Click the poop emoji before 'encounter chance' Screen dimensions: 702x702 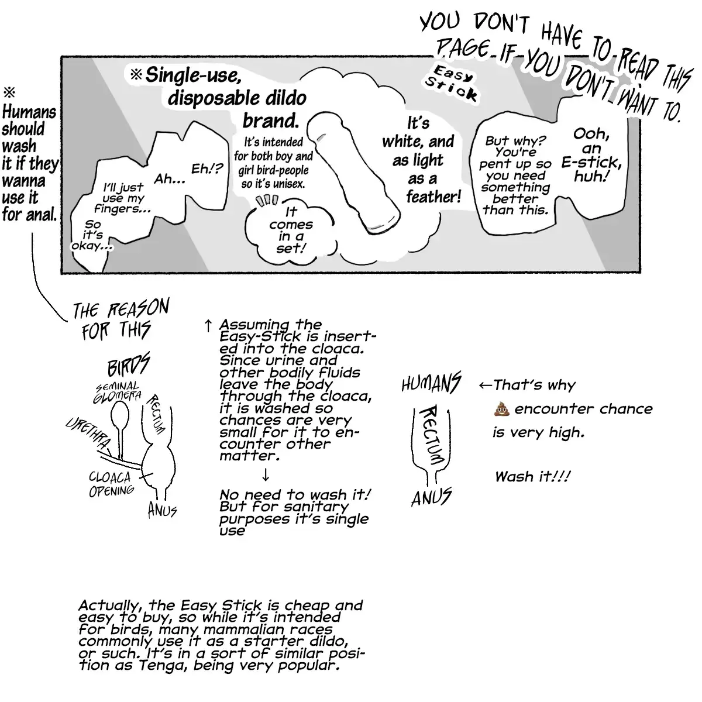point(503,409)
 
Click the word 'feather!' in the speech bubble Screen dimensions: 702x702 point(433,197)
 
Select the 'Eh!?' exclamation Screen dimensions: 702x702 point(208,169)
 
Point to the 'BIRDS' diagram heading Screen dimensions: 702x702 point(129,366)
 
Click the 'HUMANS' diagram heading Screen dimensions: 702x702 point(431,384)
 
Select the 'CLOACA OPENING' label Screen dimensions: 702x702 point(111,484)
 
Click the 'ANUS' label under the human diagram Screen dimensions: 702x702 point(432,498)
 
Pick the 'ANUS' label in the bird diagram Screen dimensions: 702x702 point(162,510)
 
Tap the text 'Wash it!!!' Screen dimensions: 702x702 point(532,476)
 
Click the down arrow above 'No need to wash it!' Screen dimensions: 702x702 point(266,474)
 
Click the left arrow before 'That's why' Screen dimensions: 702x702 point(485,386)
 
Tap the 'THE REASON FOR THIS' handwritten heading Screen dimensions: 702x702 point(120,319)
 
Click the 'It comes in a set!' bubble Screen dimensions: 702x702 point(291,230)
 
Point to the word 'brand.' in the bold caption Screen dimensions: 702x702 point(270,121)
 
